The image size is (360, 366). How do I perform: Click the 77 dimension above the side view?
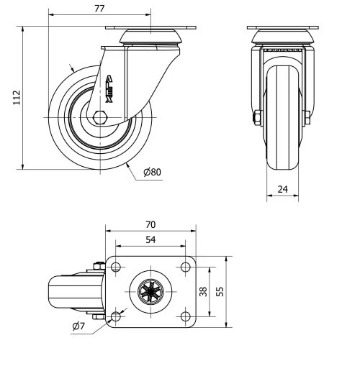100,9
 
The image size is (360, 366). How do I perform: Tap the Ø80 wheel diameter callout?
151,173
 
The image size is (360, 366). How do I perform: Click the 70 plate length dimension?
151,225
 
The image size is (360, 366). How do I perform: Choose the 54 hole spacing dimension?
151,239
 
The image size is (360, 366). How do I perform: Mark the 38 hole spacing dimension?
203,291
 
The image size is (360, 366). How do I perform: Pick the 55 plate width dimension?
220,291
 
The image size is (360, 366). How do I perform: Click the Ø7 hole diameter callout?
80,328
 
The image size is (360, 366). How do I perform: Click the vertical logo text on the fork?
109,85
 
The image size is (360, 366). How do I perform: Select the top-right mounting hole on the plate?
185,267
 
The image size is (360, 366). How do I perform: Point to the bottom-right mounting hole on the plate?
185,316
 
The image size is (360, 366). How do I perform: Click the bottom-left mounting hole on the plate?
115,316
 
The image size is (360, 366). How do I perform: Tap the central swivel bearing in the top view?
150,292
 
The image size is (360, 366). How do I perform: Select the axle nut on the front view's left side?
256,116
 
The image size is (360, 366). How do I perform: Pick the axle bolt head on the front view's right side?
308,116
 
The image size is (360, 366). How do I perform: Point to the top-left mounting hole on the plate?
115,267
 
